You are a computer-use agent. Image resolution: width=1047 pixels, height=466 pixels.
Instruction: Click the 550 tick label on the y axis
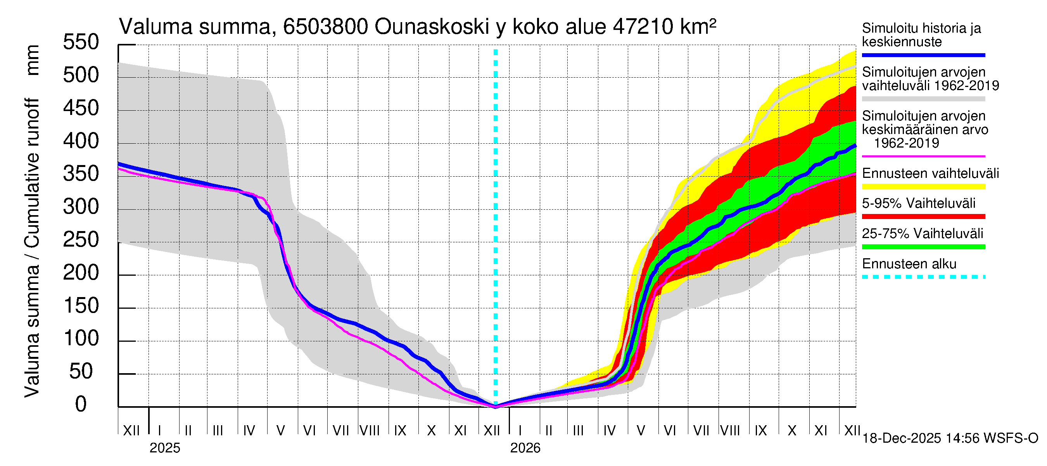81,42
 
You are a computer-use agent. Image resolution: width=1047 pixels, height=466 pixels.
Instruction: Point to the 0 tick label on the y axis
81,404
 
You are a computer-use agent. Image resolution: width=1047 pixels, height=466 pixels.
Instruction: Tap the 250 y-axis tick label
81,240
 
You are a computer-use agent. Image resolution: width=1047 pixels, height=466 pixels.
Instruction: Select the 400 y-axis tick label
81,141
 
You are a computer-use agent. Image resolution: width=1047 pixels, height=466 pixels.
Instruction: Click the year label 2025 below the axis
164,448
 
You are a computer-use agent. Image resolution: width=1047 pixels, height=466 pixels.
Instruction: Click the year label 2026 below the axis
525,448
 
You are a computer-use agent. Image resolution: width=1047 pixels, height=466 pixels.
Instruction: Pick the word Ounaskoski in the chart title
432,27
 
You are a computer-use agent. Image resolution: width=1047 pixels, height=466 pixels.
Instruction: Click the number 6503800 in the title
326,27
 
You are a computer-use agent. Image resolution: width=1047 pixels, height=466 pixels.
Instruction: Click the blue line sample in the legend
923,55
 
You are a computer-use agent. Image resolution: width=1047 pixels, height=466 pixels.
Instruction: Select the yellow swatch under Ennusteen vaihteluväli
923,187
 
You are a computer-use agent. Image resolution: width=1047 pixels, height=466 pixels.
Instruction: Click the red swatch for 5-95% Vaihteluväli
923,217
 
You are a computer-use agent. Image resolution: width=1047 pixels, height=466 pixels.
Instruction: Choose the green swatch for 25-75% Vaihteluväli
923,247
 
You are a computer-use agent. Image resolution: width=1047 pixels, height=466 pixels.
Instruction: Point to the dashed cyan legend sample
923,277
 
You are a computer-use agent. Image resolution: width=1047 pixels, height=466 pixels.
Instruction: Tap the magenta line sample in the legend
923,156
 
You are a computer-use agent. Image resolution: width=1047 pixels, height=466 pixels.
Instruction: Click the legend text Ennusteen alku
909,264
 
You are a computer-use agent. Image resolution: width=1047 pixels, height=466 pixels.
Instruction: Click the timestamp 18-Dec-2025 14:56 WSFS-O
950,438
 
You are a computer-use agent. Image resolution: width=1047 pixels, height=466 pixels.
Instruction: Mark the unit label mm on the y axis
32,60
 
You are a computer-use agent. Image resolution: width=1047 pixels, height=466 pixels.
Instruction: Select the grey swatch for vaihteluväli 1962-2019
923,99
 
